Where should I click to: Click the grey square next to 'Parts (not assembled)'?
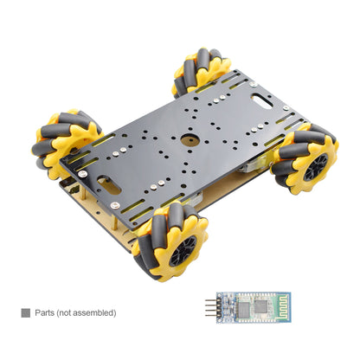tap(25, 312)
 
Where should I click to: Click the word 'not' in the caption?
tap(71, 312)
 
